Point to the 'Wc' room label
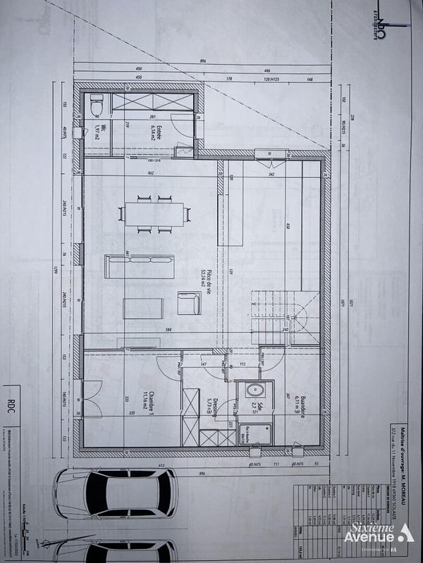point(97,132)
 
